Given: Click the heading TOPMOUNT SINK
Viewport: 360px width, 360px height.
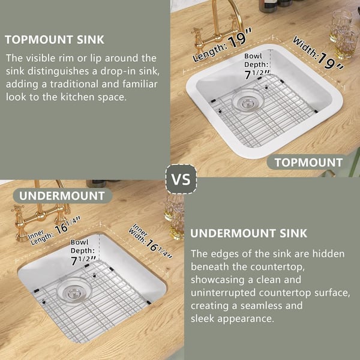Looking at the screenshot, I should [x=55, y=40].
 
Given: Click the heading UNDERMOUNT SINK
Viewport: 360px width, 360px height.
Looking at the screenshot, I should [x=248, y=233].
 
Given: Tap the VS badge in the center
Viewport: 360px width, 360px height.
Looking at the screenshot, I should [x=180, y=179].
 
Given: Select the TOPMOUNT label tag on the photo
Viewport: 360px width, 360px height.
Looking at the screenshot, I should [x=308, y=162].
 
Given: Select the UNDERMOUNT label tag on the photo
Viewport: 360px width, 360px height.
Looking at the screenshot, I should [x=61, y=196].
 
